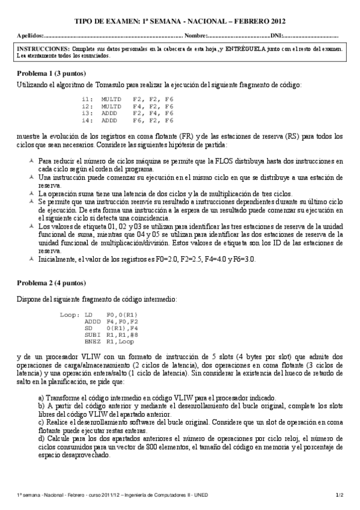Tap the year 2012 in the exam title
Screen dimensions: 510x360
[x=273, y=20]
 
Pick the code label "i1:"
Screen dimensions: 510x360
[x=87, y=98]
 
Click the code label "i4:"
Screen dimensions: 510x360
[x=87, y=120]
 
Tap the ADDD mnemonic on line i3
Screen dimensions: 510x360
[x=109, y=112]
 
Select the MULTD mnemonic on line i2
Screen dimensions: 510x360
[x=111, y=105]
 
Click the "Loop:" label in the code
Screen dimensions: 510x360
[x=70, y=315]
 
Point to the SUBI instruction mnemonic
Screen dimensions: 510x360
[x=92, y=336]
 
